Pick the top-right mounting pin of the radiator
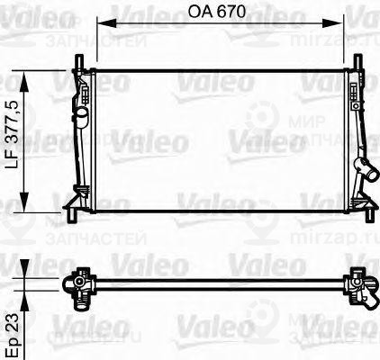[x=361, y=58]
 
